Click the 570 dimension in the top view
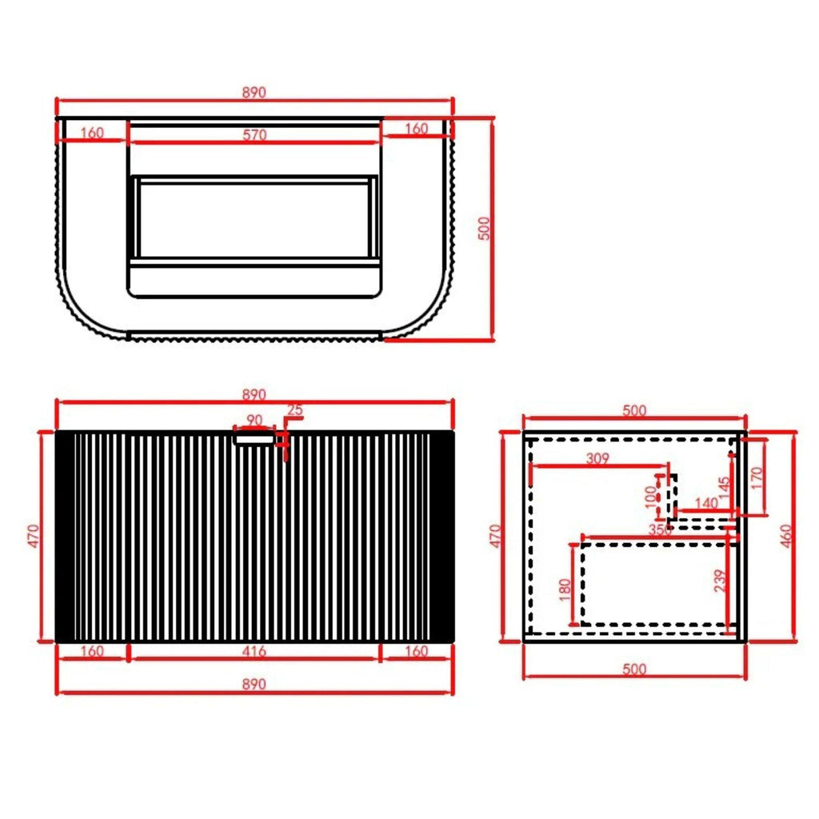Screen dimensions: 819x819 [255, 134]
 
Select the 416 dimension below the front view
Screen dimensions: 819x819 [254, 651]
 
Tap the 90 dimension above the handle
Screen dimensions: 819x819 [254, 420]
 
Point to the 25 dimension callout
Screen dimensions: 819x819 [295, 410]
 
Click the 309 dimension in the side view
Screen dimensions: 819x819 [597, 458]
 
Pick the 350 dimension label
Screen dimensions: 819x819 [660, 529]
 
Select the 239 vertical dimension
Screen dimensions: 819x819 [721, 581]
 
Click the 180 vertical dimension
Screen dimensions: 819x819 [565, 590]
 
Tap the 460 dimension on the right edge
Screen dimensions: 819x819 [786, 536]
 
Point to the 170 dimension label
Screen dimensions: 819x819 [757, 478]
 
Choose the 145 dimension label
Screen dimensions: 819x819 [724, 487]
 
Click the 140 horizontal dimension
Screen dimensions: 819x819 [707, 503]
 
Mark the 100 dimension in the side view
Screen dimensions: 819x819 [651, 497]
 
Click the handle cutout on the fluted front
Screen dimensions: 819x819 [254, 440]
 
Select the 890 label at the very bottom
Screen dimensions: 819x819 [254, 684]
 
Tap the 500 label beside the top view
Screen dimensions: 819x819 [485, 228]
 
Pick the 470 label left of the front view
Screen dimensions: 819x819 [33, 536]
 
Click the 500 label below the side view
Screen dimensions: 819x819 [634, 669]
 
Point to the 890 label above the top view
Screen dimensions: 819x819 [254, 93]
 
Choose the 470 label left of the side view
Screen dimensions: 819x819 [495, 536]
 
